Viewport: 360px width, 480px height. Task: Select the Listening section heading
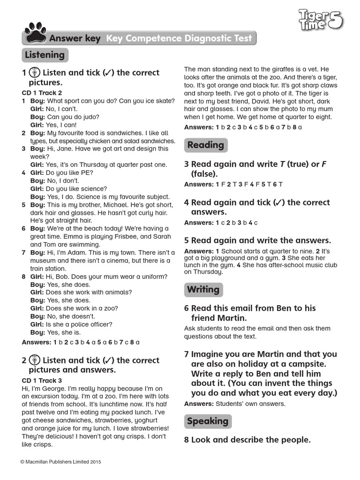point(45,55)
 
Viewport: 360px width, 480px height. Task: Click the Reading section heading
point(206,145)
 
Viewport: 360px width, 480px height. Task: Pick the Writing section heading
point(203,290)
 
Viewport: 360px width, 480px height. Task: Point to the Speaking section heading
point(208,421)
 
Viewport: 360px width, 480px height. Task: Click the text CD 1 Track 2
point(42,93)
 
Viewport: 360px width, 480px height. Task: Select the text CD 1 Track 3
point(42,381)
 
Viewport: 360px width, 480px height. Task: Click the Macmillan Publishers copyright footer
point(61,462)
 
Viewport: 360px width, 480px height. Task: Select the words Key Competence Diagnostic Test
point(179,38)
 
